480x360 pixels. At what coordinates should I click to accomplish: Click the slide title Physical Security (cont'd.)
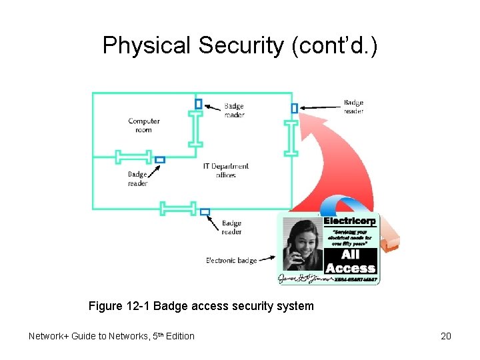[239, 45]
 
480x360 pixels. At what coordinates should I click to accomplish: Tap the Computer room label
[144, 125]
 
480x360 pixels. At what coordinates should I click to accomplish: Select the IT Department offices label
[226, 171]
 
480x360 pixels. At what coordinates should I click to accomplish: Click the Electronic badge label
[231, 260]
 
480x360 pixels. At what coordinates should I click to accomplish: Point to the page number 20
[446, 336]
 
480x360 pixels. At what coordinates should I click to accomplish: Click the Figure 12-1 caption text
[201, 307]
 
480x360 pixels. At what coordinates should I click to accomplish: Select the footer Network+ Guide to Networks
[111, 336]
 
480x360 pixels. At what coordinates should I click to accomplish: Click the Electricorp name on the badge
[350, 221]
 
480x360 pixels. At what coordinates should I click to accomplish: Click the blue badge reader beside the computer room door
[198, 103]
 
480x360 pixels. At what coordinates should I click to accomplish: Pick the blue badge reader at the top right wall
[294, 108]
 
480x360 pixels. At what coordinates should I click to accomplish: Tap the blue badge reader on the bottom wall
[205, 212]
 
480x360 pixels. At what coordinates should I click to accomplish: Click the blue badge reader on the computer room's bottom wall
[159, 160]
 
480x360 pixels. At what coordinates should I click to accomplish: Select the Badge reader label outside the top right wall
[353, 107]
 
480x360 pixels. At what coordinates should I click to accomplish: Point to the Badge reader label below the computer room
[137, 179]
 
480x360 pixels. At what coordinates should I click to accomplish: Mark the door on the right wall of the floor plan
[291, 138]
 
